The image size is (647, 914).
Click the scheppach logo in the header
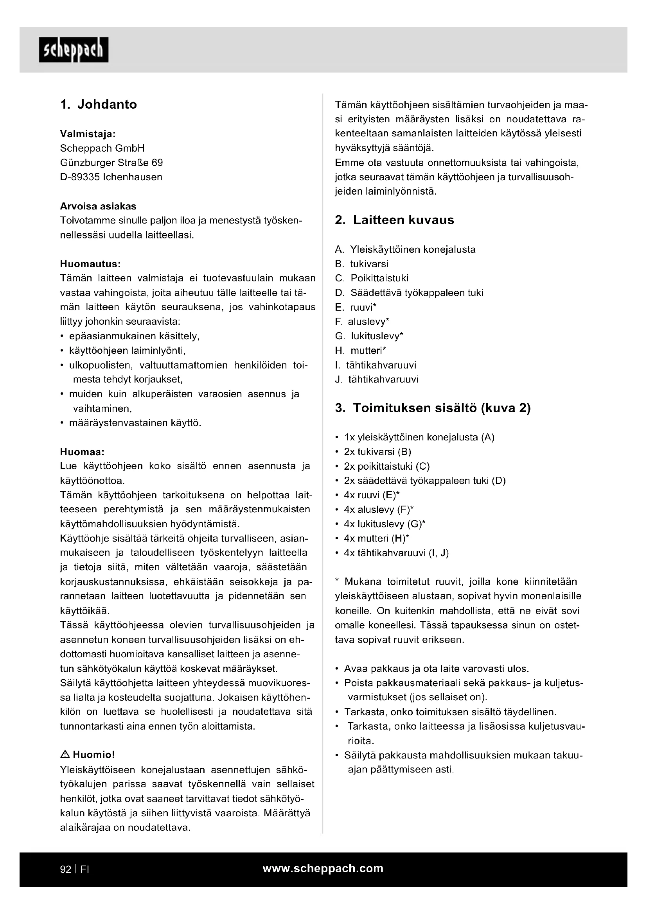(x=74, y=50)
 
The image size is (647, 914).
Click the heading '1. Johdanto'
(x=99, y=104)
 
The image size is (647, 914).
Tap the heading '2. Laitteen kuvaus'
(x=394, y=220)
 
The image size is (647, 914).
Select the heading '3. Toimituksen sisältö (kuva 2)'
(x=433, y=408)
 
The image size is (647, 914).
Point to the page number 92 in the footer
(x=65, y=869)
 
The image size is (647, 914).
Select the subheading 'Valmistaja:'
(x=88, y=134)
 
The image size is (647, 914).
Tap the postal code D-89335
(x=80, y=177)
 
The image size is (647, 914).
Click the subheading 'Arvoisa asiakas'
(x=98, y=206)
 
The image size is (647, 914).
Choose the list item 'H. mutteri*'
(x=361, y=351)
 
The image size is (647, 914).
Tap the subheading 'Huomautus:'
(x=90, y=264)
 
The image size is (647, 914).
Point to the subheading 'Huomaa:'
(x=82, y=452)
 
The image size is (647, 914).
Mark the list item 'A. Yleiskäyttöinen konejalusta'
(x=405, y=250)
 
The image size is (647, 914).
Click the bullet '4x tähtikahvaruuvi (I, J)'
(x=396, y=553)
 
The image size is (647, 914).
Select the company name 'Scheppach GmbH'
(x=102, y=148)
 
